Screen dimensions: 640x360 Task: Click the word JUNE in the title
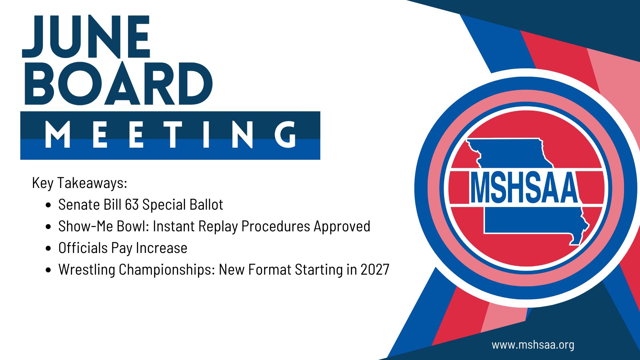(x=86, y=37)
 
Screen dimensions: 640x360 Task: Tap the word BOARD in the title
(x=118, y=84)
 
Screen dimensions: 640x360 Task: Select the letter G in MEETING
(x=285, y=134)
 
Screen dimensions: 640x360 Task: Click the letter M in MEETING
(x=58, y=134)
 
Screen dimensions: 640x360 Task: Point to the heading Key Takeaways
(x=80, y=183)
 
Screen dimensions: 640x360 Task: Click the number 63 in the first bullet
(x=132, y=205)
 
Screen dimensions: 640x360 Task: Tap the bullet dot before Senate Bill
(x=49, y=205)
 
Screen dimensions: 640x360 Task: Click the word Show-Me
(x=86, y=226)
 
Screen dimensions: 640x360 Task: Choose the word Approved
(x=342, y=227)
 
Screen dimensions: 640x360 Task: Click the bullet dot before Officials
(x=49, y=248)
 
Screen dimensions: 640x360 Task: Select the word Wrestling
(x=87, y=270)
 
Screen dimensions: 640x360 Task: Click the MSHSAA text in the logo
(x=525, y=187)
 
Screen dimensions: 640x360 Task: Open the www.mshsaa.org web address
(x=533, y=345)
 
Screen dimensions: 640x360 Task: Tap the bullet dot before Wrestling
(x=49, y=270)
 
